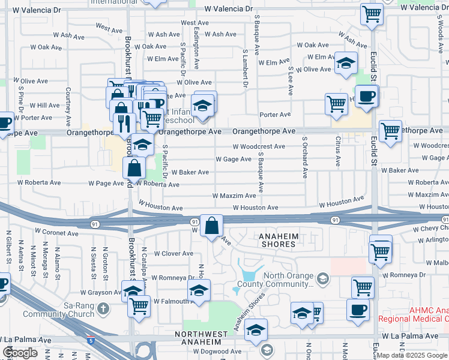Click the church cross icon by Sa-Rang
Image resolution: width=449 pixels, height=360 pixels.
pyautogui.click(x=103, y=309)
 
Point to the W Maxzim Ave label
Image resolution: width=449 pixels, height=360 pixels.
pyautogui.click(x=235, y=196)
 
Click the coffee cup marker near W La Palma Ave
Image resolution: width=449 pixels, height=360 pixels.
pyautogui.click(x=358, y=310)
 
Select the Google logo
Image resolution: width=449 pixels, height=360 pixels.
pyautogui.click(x=20, y=353)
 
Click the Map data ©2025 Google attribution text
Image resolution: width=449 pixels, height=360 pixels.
pyautogui.click(x=412, y=356)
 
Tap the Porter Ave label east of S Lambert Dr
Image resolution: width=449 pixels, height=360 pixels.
pyautogui.click(x=275, y=114)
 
